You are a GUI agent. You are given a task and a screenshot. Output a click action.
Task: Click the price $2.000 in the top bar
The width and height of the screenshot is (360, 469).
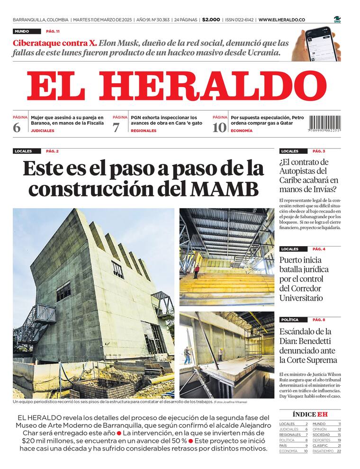(211, 20)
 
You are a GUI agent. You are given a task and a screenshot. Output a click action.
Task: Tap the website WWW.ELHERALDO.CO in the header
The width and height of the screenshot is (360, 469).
(281, 20)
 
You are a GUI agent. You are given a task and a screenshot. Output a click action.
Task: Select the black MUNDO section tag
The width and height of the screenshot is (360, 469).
(22, 31)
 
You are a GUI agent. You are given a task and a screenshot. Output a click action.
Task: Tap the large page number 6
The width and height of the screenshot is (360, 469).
(17, 127)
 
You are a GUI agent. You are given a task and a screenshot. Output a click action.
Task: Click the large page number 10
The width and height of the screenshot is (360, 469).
(219, 127)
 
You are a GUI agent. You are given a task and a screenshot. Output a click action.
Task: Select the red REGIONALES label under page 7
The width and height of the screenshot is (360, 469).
(143, 131)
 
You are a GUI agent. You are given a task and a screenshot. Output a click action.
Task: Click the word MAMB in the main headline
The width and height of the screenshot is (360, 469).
(225, 188)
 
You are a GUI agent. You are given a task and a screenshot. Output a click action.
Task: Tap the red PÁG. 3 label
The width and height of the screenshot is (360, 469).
(318, 151)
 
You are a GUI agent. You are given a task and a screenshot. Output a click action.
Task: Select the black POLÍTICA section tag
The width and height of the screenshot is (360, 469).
(289, 320)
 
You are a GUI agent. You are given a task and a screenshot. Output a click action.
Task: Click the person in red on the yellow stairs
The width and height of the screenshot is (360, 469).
(197, 271)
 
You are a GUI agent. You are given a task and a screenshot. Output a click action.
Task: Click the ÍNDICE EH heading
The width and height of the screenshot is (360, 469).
(310, 414)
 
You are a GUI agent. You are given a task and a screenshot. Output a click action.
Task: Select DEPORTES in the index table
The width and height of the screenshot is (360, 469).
(322, 440)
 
